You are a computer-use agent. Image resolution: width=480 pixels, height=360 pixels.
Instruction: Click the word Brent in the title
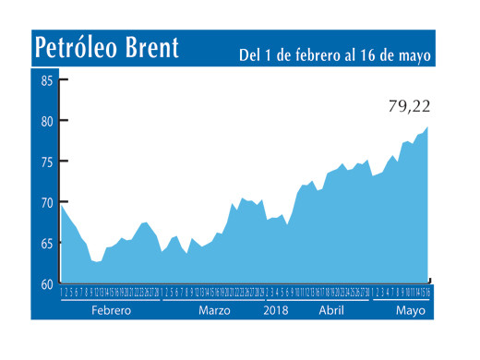(x=151, y=48)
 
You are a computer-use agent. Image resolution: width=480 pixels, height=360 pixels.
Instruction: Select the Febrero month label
(x=112, y=311)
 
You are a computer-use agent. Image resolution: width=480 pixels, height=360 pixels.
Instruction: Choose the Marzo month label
(x=215, y=311)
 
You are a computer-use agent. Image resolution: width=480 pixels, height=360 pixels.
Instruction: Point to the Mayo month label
(x=410, y=311)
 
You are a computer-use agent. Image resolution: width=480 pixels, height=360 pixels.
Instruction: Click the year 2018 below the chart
(x=276, y=311)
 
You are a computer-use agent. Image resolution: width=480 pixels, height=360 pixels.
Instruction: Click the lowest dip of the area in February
(x=97, y=263)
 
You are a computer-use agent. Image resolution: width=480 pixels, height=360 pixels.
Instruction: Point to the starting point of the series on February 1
(x=62, y=206)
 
